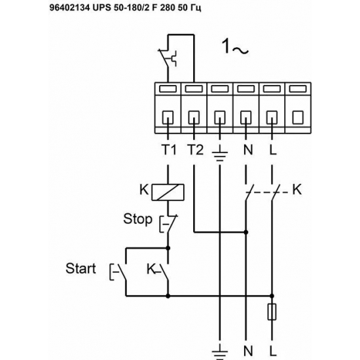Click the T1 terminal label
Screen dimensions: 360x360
pyautogui.click(x=169, y=150)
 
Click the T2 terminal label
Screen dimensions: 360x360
pyautogui.click(x=194, y=150)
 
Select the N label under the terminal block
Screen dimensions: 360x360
pyautogui.click(x=247, y=150)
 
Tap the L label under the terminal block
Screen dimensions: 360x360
pyautogui.click(x=272, y=150)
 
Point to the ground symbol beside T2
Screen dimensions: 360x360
pyautogui.click(x=219, y=153)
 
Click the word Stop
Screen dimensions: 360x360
pyautogui.click(x=138, y=218)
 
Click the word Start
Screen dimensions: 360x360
pyautogui.click(x=81, y=268)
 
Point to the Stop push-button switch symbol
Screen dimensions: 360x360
pyautogui.click(x=166, y=224)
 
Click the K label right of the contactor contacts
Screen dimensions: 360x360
pyautogui.click(x=297, y=190)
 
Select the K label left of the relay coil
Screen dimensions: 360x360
pyautogui.click(x=144, y=190)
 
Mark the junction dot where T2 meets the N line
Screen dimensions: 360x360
pyautogui.click(x=247, y=231)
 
